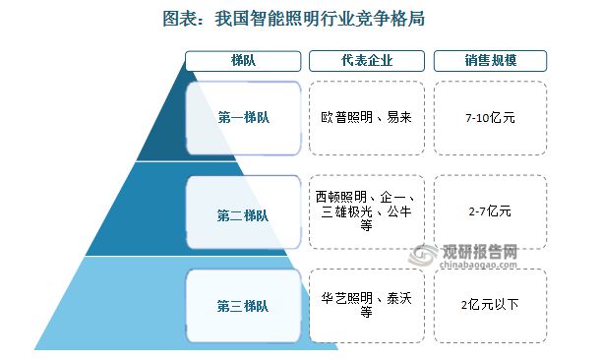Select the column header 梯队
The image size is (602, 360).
pos(242,60)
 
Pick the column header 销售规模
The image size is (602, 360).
pos(490,60)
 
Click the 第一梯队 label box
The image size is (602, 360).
pos(242,116)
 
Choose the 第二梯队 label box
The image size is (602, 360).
pos(242,213)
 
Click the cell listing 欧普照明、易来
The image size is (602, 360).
pos(365,117)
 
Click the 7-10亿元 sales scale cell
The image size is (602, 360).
pos(490,117)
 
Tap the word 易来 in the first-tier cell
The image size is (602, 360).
pos(398,117)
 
